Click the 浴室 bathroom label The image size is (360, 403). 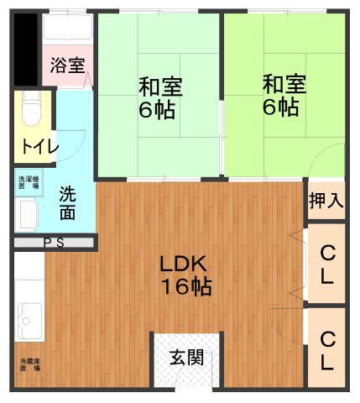[67, 65]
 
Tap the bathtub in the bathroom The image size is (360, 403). [67, 31]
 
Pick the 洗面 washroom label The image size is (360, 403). [67, 202]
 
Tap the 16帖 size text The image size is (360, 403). [185, 287]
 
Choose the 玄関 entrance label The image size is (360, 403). [186, 357]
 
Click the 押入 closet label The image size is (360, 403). [326, 201]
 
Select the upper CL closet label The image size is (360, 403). [327, 263]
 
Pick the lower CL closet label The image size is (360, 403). [327, 351]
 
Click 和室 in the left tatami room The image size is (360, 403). [159, 86]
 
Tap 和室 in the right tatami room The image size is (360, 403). [284, 85]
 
